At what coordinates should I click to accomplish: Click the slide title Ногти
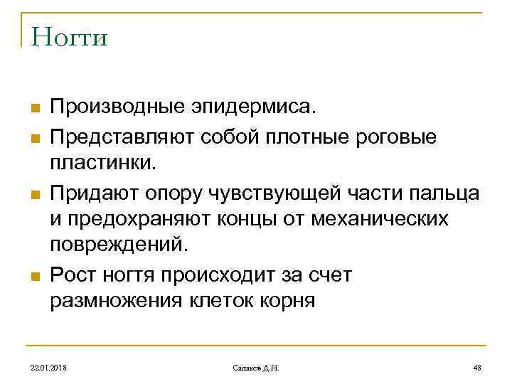tap(65, 36)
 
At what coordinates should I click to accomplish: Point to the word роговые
tap(398, 135)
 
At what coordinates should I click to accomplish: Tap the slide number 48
tap(477, 368)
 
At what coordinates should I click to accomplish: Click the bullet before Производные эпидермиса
tap(33, 109)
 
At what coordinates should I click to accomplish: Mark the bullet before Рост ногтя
tap(33, 274)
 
